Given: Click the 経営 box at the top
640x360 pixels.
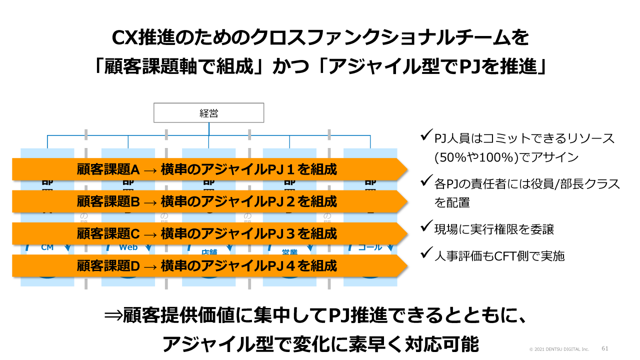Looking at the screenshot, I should [x=208, y=113].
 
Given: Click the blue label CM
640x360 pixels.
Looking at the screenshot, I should [x=47, y=247].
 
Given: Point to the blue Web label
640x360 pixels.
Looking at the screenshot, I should [x=128, y=247].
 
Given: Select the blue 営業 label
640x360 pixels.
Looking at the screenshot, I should [x=289, y=252].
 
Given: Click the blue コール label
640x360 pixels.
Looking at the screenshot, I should [x=370, y=247].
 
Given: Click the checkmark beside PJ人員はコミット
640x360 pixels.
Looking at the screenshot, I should [x=426, y=136].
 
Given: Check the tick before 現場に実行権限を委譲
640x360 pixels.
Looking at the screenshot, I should [x=426, y=228].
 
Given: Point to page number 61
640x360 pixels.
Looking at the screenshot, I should [x=604, y=348].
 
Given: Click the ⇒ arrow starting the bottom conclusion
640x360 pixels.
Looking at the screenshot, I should [x=113, y=316].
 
